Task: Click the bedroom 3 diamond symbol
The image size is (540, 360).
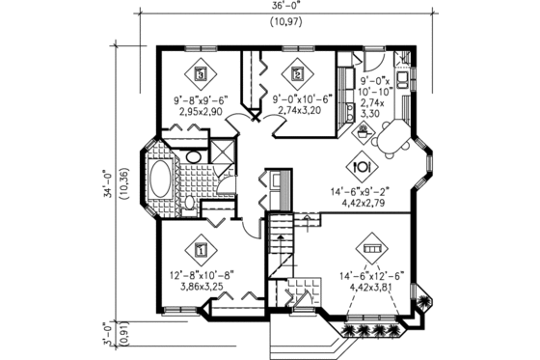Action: coord(201,72)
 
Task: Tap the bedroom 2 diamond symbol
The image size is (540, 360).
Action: coord(297,72)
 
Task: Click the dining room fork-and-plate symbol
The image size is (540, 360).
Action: coord(359,162)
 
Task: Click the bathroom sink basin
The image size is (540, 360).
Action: coord(192,156)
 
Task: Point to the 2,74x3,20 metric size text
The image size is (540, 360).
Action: coord(303,111)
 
